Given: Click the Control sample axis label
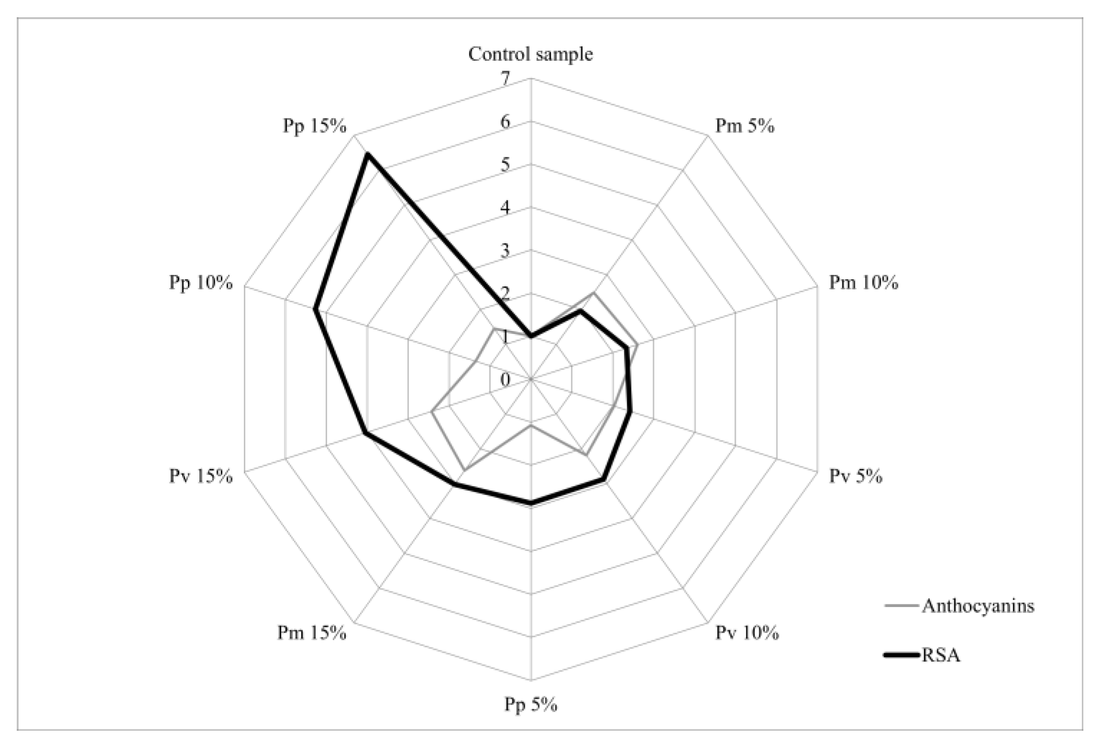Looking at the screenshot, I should [530, 55].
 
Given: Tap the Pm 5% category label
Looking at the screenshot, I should [744, 126].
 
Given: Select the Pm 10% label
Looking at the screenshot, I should [863, 283].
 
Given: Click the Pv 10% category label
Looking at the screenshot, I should [747, 633].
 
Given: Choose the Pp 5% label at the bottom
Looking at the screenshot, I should [531, 705].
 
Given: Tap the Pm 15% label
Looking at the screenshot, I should [312, 633].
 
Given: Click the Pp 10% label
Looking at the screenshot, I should [200, 283].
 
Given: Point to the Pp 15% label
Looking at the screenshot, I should [314, 126].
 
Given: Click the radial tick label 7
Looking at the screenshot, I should [505, 78].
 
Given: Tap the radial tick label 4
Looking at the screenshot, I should [505, 208].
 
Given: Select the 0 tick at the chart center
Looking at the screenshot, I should [505, 380].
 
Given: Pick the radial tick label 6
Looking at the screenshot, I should [505, 122].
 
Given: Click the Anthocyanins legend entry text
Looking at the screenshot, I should [978, 606].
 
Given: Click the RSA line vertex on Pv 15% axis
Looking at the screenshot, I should [364, 433].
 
